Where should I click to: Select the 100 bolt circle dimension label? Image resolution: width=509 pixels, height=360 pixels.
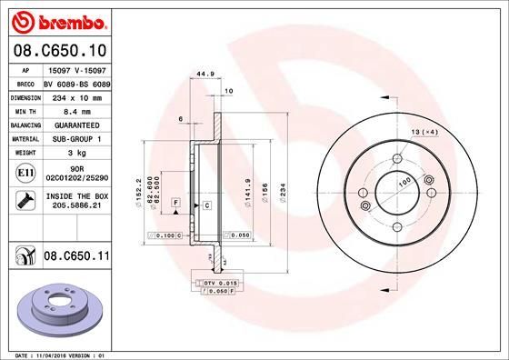pyautogui.click(x=401, y=181)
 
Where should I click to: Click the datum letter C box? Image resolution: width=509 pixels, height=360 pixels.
pyautogui.click(x=207, y=205)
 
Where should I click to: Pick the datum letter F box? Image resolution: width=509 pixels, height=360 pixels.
pyautogui.click(x=175, y=201)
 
